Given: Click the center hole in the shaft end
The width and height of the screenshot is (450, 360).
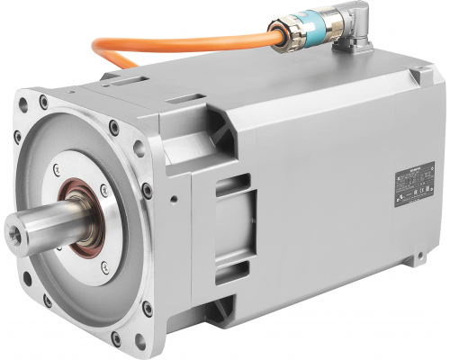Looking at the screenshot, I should click(15, 230).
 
